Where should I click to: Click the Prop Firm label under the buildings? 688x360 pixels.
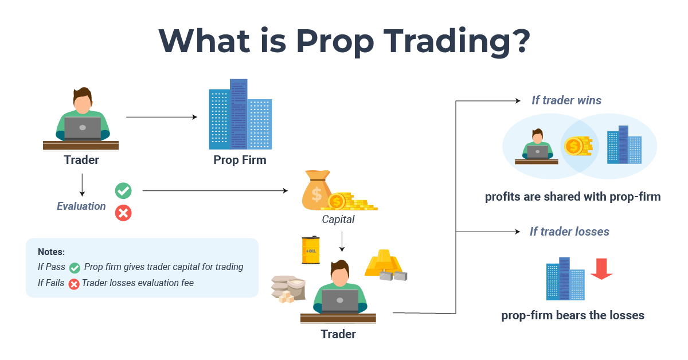(x=240, y=160)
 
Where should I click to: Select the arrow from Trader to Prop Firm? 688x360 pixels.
(x=161, y=117)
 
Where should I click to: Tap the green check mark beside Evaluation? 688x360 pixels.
(x=123, y=191)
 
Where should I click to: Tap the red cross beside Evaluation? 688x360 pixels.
(x=123, y=213)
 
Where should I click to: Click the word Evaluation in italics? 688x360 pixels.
(x=81, y=206)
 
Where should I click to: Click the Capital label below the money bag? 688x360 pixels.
(x=338, y=220)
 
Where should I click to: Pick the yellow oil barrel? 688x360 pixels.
(x=311, y=251)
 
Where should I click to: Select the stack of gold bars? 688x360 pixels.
(x=385, y=263)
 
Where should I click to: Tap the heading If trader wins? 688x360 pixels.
(x=566, y=100)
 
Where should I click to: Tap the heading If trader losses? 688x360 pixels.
(x=569, y=232)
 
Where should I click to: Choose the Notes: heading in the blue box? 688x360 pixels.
(x=51, y=252)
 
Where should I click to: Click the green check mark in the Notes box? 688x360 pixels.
(x=75, y=268)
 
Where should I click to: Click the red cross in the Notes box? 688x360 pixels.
(x=73, y=283)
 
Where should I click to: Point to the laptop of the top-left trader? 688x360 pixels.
(x=82, y=127)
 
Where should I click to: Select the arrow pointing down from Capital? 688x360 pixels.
(x=342, y=241)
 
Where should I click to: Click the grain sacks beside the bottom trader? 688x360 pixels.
(x=289, y=288)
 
